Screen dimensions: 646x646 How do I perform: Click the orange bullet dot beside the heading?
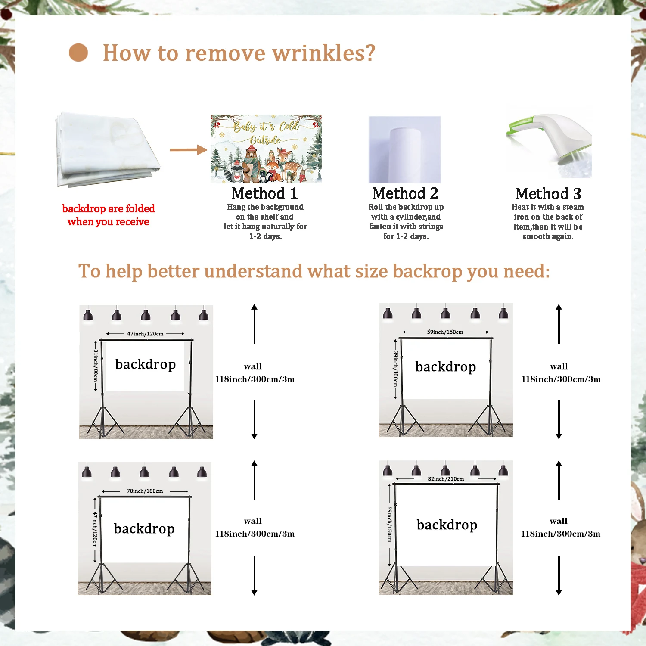(x=78, y=53)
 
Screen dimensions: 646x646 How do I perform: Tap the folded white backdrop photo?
(x=107, y=149)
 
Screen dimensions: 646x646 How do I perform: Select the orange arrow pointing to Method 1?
(x=188, y=150)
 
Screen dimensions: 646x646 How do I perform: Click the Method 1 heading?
(x=264, y=193)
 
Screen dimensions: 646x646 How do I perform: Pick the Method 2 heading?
(x=405, y=193)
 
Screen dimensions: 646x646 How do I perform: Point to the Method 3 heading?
(x=548, y=194)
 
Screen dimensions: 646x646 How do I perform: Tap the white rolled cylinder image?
(x=405, y=149)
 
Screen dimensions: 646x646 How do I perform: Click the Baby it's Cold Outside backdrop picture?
(x=266, y=149)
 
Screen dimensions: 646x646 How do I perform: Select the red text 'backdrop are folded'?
(x=109, y=209)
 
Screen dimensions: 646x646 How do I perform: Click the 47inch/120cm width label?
(x=145, y=334)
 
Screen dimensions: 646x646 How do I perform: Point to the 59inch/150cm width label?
(x=445, y=332)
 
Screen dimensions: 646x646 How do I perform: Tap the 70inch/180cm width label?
(x=145, y=491)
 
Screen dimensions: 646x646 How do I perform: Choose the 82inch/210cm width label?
(x=446, y=479)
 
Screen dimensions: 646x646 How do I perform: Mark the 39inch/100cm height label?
(x=395, y=369)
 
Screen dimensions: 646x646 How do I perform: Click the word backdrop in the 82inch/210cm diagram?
(x=447, y=525)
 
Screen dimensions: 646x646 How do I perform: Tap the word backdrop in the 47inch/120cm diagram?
(x=146, y=364)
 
